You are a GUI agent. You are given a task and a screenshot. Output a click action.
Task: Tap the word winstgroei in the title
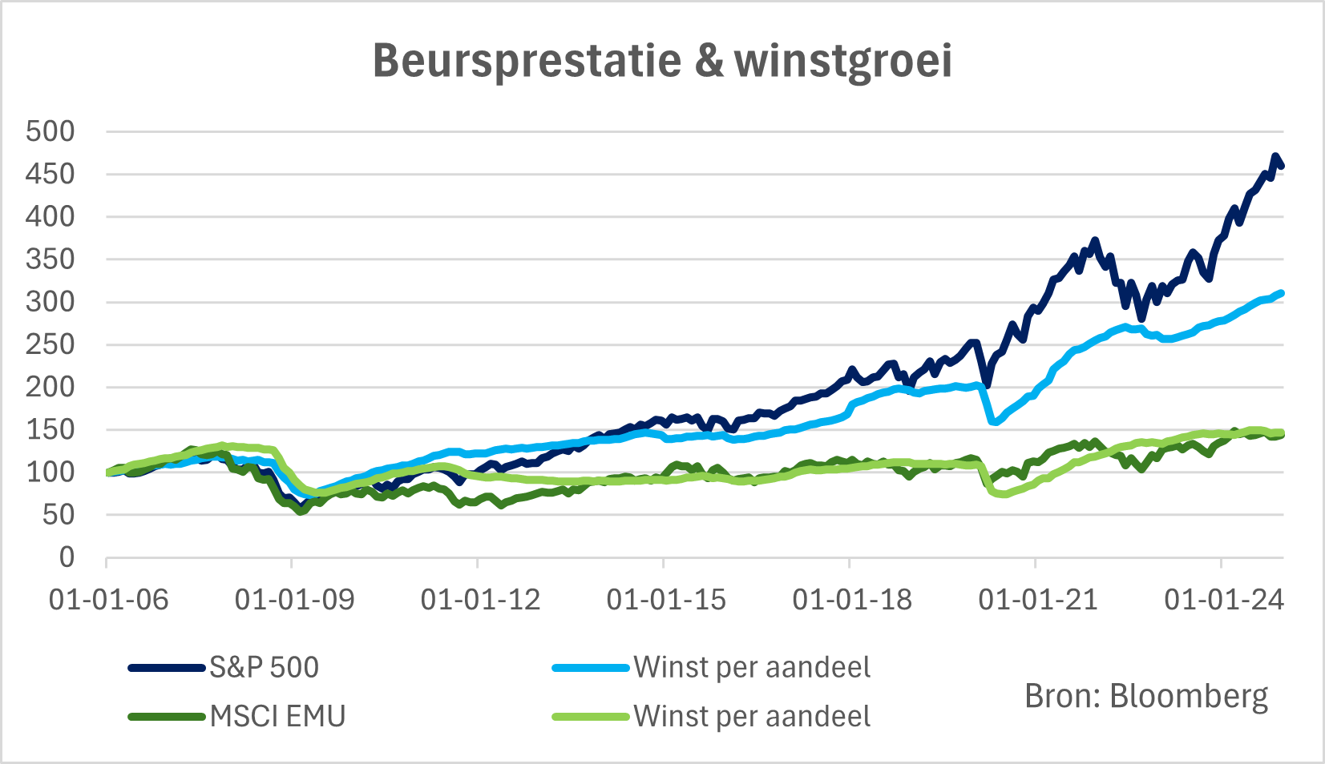pos(843,61)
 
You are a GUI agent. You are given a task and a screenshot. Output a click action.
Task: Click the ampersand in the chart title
pos(709,61)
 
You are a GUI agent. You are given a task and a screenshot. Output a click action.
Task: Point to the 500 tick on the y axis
pos(50,131)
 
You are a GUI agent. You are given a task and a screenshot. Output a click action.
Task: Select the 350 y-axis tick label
pos(50,259)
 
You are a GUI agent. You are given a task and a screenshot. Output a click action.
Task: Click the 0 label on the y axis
pos(67,557)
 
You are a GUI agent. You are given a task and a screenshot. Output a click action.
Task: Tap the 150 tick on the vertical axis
pos(50,430)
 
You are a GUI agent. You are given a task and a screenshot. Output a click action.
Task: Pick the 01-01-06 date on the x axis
pos(109,599)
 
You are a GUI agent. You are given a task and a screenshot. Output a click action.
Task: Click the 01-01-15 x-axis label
pos(666,599)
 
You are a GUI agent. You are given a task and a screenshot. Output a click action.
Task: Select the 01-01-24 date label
pos(1224,599)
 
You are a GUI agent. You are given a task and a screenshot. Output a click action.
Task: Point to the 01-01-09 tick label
pos(294,599)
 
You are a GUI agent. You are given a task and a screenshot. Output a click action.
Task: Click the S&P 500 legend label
pos(265,667)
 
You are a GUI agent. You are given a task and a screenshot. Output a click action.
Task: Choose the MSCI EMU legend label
pos(277,716)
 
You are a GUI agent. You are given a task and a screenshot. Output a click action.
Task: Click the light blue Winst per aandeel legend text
pos(752,667)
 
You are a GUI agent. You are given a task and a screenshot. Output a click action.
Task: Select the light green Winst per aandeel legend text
pos(752,716)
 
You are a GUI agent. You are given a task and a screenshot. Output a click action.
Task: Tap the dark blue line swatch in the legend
pos(167,668)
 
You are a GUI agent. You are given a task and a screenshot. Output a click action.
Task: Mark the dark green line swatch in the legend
pos(167,717)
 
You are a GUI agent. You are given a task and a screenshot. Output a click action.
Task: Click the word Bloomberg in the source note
pos(1189,697)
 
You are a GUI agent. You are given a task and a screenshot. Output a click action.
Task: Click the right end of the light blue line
pos(1282,293)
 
